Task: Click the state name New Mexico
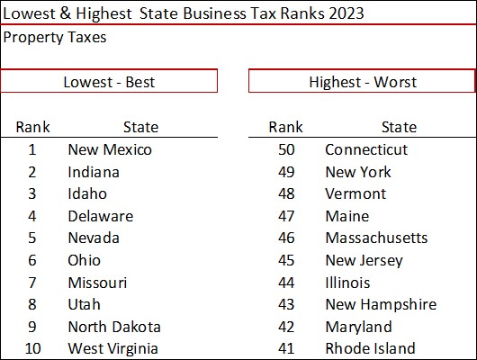coord(110,150)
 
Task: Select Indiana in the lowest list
coord(94,172)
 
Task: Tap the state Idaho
coord(87,193)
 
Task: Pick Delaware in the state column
coord(100,216)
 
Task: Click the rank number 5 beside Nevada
coord(32,238)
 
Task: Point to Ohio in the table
coord(85,260)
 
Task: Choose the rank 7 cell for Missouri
coord(32,283)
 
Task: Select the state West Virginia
coord(112,348)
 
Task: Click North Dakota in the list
coord(114,327)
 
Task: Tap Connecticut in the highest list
coord(365,150)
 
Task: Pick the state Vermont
coord(355,193)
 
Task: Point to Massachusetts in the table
coord(376,238)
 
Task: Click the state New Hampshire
coord(380,304)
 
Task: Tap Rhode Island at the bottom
coord(370,348)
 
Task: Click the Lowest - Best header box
coord(109,82)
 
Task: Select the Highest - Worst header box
coord(362,82)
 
